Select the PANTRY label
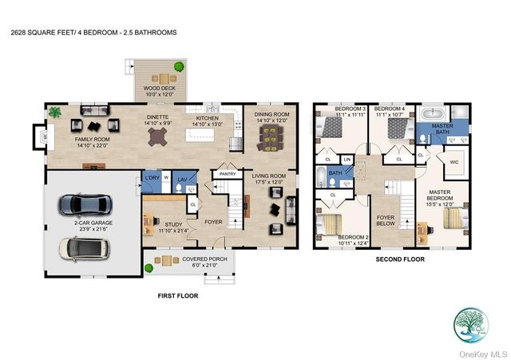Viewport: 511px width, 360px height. (228, 173)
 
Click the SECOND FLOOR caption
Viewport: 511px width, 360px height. (400, 259)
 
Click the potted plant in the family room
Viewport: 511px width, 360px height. (55, 113)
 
